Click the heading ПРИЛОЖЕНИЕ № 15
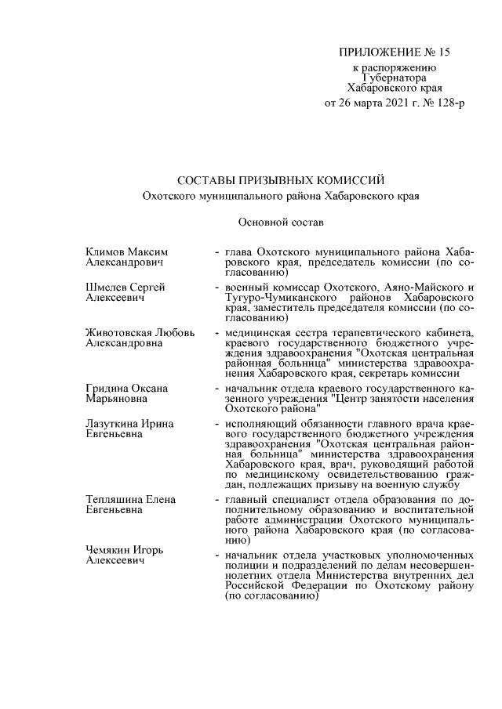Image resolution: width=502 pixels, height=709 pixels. pos(395,53)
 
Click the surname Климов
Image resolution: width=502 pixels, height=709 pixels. pos(105,251)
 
